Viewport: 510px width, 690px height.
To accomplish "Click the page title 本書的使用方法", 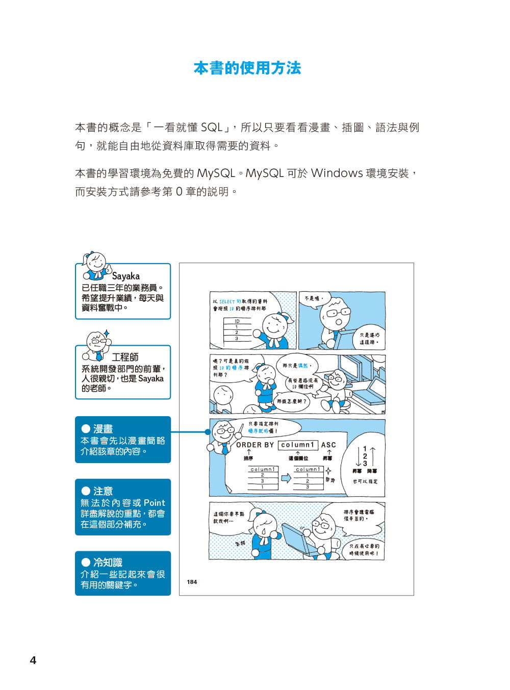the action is point(247,68).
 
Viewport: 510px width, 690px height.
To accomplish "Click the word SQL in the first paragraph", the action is point(211,127).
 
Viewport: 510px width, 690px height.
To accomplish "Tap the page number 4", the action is point(33,660).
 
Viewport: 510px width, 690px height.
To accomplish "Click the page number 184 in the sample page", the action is point(192,582).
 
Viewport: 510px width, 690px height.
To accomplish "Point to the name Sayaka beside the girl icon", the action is point(125,276).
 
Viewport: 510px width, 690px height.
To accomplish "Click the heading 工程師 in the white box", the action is point(125,357).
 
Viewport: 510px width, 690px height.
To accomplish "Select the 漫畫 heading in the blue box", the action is point(103,429).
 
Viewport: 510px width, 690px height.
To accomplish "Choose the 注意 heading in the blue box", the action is point(103,491).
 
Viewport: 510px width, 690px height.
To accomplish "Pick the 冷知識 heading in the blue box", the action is point(108,563).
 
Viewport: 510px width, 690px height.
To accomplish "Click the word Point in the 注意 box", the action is point(154,503).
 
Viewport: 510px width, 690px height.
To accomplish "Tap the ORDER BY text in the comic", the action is point(255,445).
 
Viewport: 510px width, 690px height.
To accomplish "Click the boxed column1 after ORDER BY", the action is point(298,445).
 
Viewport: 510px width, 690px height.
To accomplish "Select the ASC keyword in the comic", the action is point(328,445).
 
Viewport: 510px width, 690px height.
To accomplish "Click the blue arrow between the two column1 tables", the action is point(286,478).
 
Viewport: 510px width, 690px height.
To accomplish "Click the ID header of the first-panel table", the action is point(237,321).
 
